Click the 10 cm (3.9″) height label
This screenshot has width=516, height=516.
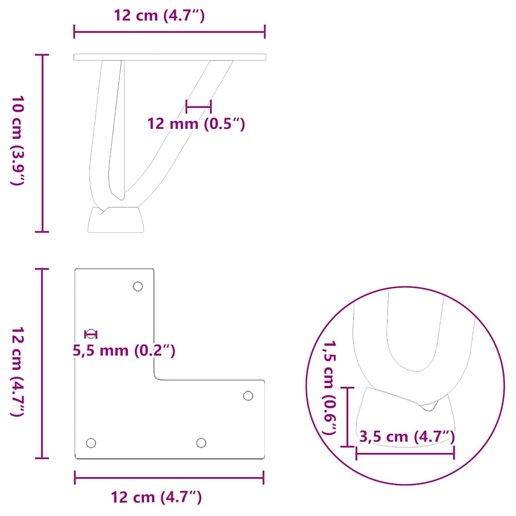tap(17, 140)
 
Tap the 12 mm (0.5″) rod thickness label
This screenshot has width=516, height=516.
tap(196, 123)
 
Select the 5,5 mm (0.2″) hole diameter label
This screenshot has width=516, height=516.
tap(124, 350)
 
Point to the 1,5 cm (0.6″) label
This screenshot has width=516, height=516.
tap(330, 387)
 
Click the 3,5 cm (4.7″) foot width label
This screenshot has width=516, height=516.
tap(407, 437)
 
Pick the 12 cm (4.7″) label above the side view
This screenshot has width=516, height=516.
tap(159, 16)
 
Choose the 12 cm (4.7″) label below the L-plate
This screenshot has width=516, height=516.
tap(156, 498)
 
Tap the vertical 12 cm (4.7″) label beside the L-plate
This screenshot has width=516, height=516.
tap(17, 372)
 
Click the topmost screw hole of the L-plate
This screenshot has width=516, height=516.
tap(138, 286)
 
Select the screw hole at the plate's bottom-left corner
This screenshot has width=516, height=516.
tap(91, 443)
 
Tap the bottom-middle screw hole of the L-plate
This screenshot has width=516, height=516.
tap(201, 443)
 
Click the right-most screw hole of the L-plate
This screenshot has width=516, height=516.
tap(248, 396)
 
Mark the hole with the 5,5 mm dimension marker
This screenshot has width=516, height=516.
tap(91, 334)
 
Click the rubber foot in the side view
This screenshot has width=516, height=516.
tap(116, 220)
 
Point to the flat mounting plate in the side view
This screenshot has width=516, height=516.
tap(170, 57)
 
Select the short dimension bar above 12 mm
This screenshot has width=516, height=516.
tap(199, 106)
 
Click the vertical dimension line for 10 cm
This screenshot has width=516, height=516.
tap(42, 143)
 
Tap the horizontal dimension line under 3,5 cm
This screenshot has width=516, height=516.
tap(405, 454)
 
